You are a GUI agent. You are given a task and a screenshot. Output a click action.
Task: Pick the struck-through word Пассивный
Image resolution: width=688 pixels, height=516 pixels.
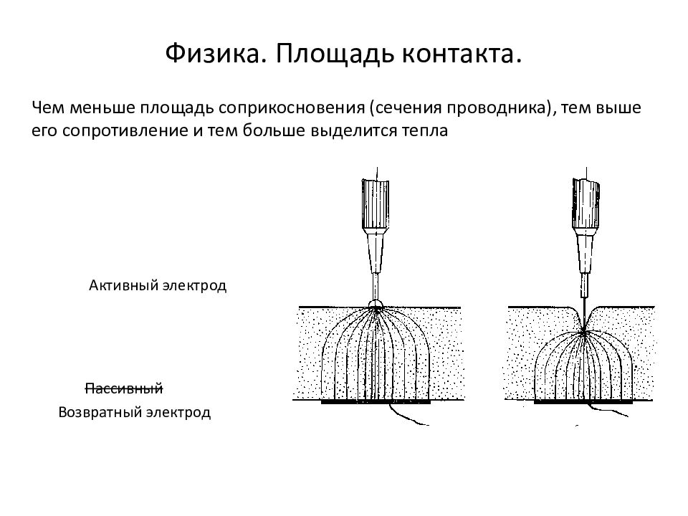[124, 389]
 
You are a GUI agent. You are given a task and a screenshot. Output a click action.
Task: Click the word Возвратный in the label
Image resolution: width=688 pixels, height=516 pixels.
[100, 414]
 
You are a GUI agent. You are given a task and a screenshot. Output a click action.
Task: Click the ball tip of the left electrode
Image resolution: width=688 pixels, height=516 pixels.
[374, 304]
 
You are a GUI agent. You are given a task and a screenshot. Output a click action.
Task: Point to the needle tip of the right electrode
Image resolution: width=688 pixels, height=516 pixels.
[585, 330]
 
